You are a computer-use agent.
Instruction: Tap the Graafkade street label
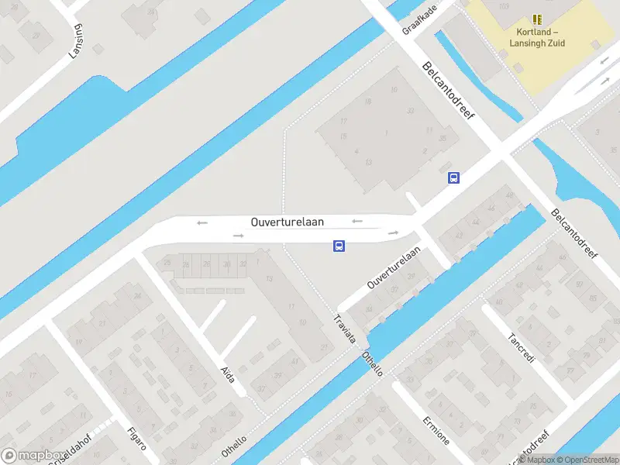[x=419, y=19]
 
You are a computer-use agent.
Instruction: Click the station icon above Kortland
[x=537, y=19]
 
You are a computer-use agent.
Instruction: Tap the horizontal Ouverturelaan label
[x=288, y=222]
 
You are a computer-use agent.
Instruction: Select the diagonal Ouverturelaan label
[x=394, y=267]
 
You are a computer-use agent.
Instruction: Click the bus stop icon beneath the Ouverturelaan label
[x=339, y=246]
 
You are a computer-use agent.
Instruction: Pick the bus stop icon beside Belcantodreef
[x=453, y=177]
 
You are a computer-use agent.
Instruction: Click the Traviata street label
[x=345, y=329]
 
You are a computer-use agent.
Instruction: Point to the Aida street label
[x=227, y=374]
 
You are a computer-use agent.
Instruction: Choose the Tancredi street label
[x=522, y=349]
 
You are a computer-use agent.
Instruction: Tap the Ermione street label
[x=436, y=430]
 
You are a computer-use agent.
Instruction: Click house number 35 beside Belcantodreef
[x=443, y=139]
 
